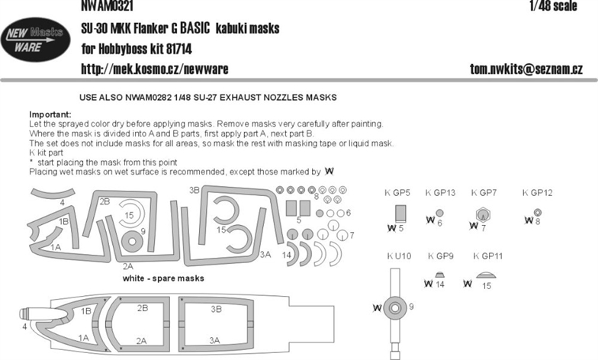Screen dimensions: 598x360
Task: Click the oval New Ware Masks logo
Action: point(35,40)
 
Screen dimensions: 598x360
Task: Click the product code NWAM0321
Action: point(107,6)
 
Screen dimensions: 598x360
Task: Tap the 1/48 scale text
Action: point(554,6)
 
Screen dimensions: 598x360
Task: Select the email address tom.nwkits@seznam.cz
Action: point(526,69)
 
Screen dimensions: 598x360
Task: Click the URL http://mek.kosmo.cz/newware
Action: point(154,69)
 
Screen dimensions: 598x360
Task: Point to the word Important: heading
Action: point(50,114)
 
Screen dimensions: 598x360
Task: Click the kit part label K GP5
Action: point(397,193)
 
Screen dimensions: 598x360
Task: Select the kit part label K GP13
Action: point(441,193)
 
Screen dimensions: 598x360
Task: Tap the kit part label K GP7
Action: point(484,193)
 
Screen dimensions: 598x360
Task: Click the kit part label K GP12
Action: point(537,193)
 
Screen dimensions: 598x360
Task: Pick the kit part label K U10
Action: point(399,256)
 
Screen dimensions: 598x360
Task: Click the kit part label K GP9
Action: point(441,256)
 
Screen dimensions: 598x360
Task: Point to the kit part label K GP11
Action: point(488,256)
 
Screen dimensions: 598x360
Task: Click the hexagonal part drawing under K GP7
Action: point(484,214)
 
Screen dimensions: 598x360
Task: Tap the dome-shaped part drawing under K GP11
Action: point(487,275)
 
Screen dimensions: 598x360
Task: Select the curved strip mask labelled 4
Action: point(53,193)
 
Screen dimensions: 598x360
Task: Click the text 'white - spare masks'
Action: point(163,278)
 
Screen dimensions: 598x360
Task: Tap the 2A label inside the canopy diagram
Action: point(141,341)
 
